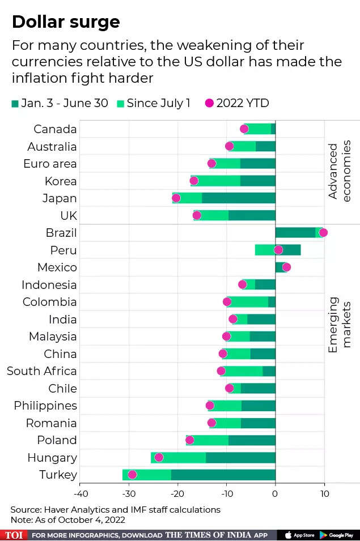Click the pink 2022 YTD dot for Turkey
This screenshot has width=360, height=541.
coord(132,475)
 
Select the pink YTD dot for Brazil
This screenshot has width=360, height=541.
coord(323,232)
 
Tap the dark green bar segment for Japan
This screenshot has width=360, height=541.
coord(238,198)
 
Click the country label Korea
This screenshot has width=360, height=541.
coord(61,181)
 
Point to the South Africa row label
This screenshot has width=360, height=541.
coord(41,371)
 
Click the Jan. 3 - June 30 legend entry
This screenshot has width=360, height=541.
coord(60,103)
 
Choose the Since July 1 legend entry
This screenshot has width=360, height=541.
coord(153,103)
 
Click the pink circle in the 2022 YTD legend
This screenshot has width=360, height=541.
coord(209,103)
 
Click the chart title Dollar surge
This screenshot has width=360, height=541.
coord(66,22)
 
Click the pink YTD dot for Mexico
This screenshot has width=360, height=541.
coord(286,267)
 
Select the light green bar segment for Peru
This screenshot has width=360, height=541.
coord(265,250)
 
